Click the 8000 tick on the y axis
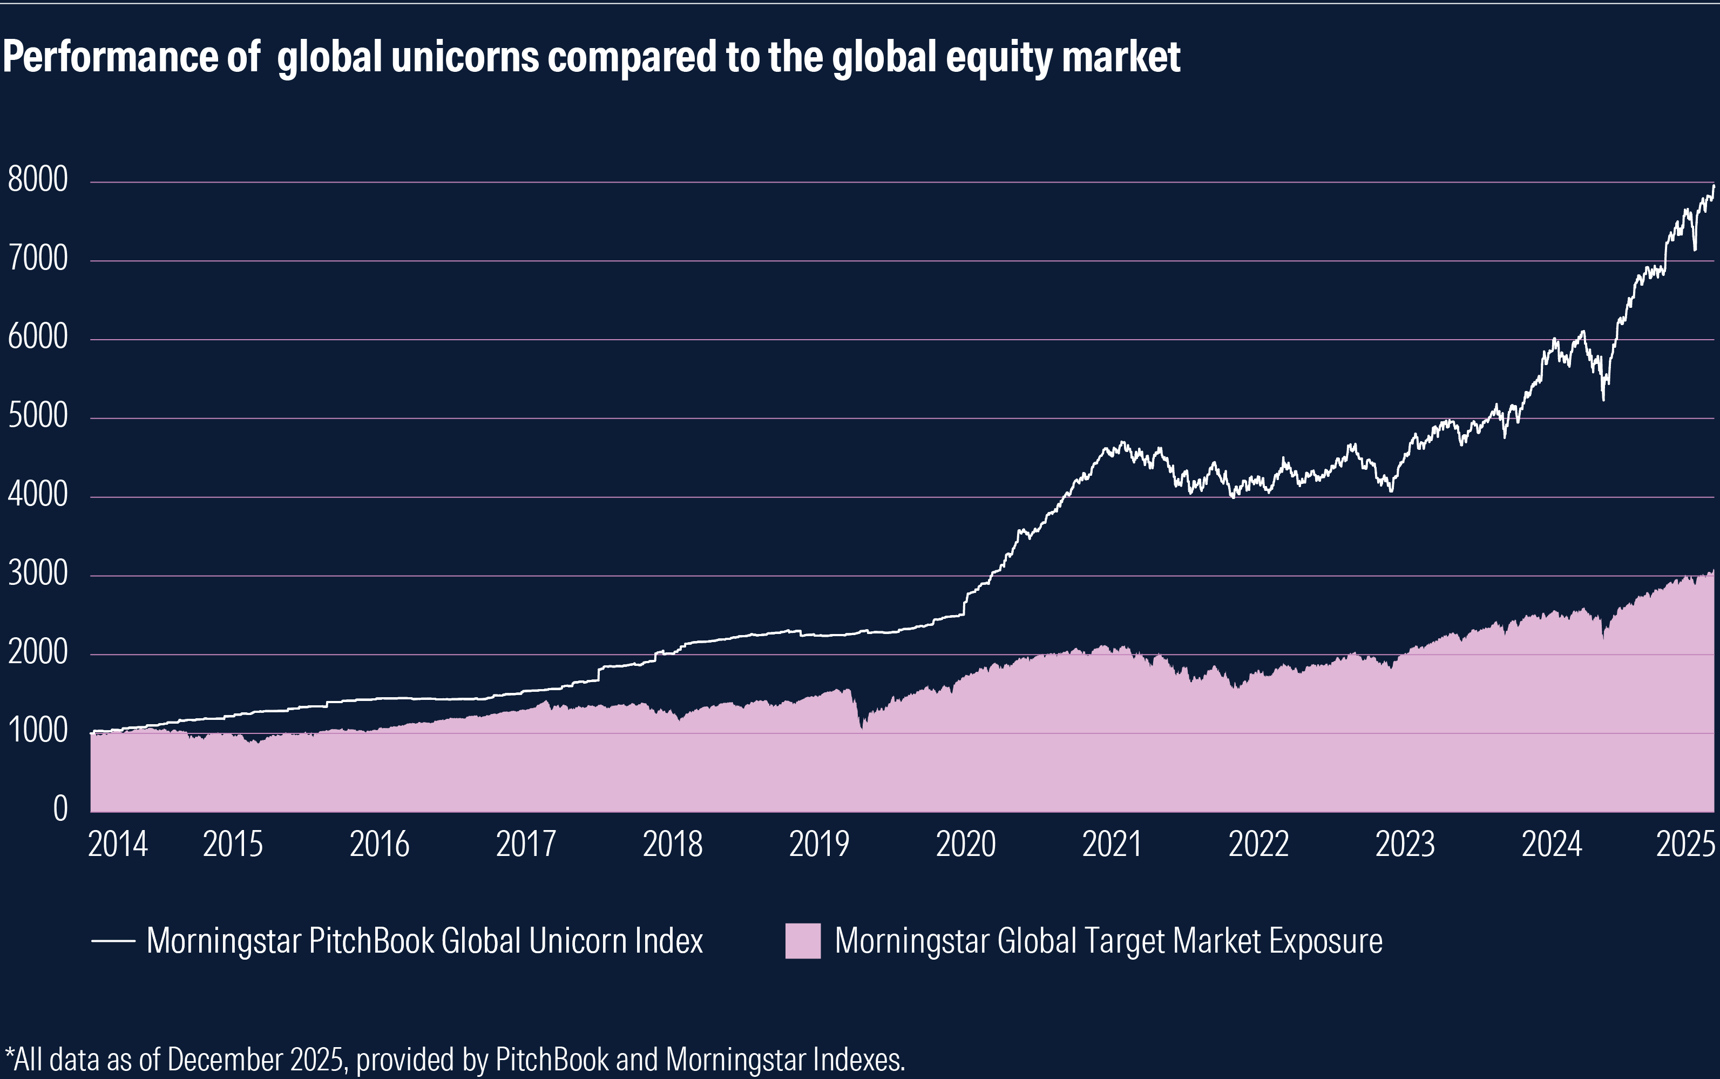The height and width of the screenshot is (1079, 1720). coord(38,179)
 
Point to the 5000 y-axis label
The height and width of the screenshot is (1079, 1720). coord(38,415)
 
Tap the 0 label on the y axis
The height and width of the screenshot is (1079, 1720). coord(60,808)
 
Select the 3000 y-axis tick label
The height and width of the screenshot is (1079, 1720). coord(38,573)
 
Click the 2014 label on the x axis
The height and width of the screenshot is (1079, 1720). coord(118,844)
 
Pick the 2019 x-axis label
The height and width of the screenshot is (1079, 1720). coord(819,844)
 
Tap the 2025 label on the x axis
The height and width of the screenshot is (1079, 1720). coord(1685,844)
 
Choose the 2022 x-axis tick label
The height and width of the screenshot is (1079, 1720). coord(1258,844)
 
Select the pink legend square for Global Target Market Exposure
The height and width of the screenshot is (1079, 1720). coord(803,941)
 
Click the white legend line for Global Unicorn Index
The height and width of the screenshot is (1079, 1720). coord(113,941)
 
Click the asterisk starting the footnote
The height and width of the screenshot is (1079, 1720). coord(8,1055)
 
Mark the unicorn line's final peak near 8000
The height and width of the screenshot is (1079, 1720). coord(1713,187)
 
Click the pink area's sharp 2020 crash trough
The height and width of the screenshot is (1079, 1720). coord(862,727)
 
